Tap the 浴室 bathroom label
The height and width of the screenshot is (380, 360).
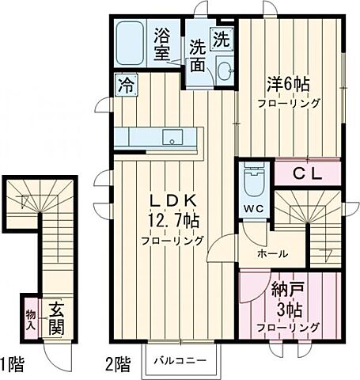(162, 44)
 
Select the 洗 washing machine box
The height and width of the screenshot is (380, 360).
(221, 36)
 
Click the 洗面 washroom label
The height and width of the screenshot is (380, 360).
(197, 56)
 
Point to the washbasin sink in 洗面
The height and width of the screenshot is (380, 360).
(222, 67)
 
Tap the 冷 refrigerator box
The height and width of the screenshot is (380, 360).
(124, 81)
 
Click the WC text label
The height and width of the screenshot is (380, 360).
(253, 210)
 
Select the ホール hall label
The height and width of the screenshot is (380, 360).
(271, 254)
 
